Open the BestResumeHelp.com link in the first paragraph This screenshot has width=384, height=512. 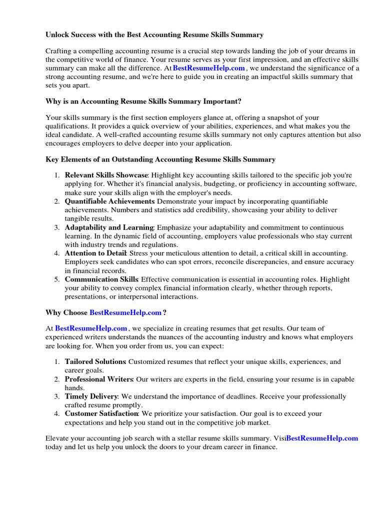[x=208, y=68]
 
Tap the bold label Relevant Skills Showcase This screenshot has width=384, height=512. [x=106, y=175]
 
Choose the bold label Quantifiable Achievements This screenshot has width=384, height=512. [x=109, y=201]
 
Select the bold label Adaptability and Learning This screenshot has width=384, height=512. [x=109, y=227]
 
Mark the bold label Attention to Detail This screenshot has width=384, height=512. [x=95, y=253]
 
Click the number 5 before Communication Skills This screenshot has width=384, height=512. [x=56, y=279]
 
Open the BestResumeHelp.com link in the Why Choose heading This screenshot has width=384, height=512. [x=125, y=313]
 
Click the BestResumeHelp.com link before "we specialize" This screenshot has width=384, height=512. [x=91, y=328]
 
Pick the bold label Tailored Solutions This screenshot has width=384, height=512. [x=94, y=361]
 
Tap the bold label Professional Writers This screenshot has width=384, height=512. [x=98, y=379]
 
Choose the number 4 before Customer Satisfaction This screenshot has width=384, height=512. [x=56, y=414]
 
